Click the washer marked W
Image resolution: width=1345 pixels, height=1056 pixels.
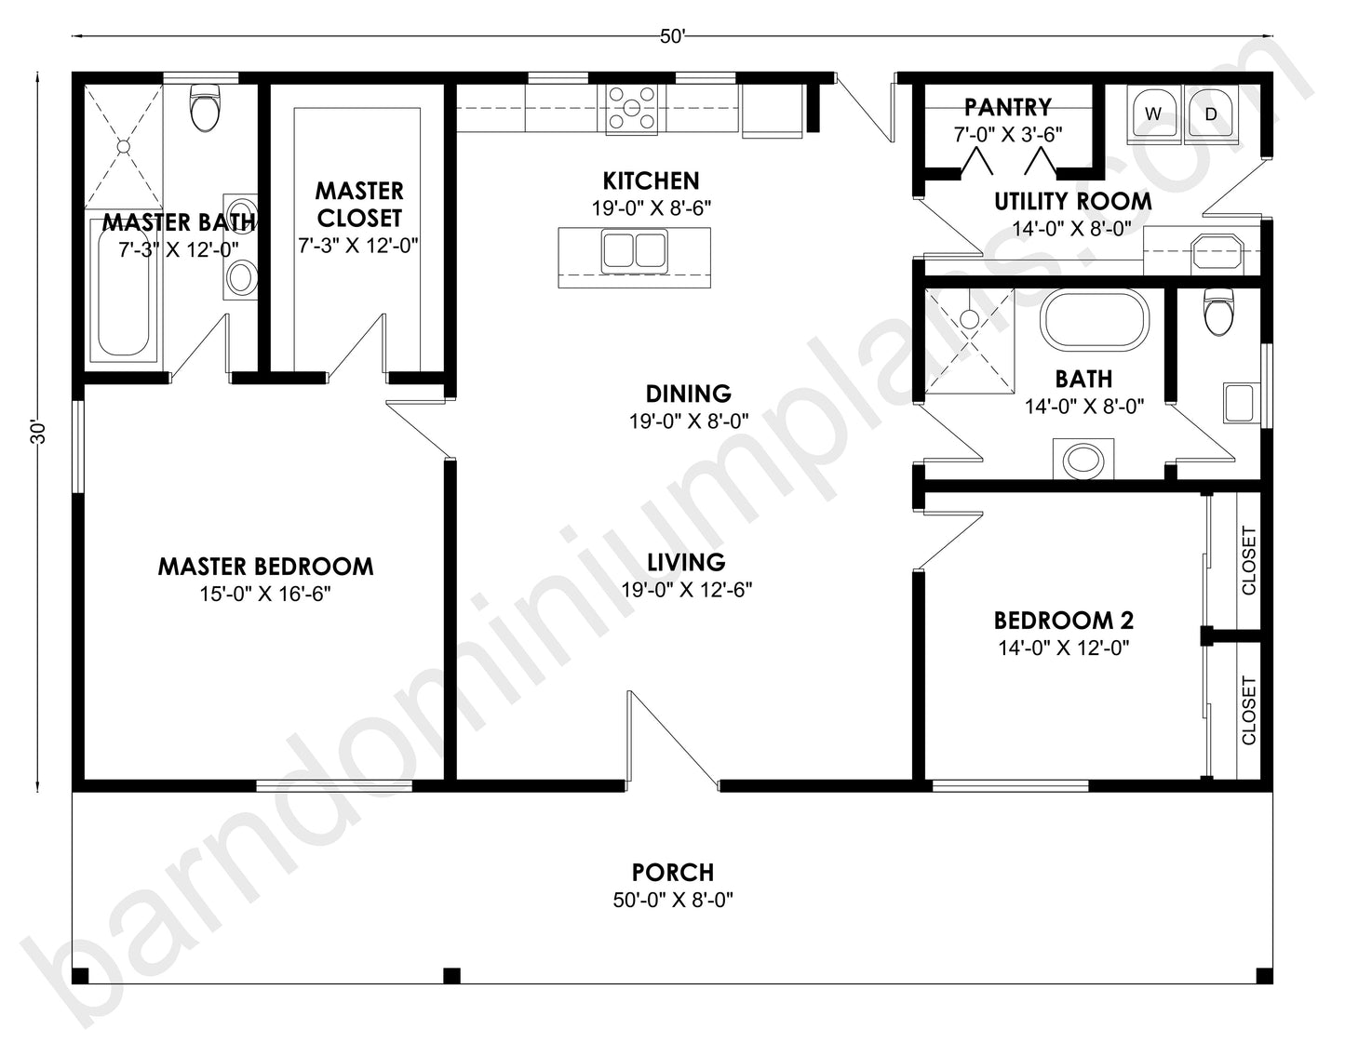tap(1153, 114)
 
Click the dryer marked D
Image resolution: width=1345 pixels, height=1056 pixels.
tap(1210, 114)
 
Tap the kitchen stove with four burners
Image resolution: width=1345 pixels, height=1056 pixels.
tap(632, 108)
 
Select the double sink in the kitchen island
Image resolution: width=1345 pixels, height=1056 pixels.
tap(633, 252)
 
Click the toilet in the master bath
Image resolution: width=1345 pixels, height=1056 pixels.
tap(204, 108)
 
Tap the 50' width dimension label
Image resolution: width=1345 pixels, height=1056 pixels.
tap(672, 37)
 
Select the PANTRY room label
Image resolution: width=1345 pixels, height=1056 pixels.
tap(1007, 107)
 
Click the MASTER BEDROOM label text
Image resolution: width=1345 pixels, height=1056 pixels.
tap(265, 567)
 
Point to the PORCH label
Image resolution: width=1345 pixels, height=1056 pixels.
tap(672, 873)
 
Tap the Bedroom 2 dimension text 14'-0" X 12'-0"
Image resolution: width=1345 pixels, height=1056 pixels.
tap(1063, 648)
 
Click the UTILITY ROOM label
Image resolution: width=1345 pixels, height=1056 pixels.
tap(1072, 201)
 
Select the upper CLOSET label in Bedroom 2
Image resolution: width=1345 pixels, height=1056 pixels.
tap(1248, 561)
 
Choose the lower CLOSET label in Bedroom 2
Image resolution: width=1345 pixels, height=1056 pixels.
tap(1248, 711)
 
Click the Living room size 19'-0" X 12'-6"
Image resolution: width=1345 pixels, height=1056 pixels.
tap(686, 589)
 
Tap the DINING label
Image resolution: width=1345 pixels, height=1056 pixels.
tap(688, 394)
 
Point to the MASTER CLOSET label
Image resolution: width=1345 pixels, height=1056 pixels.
tap(358, 205)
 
